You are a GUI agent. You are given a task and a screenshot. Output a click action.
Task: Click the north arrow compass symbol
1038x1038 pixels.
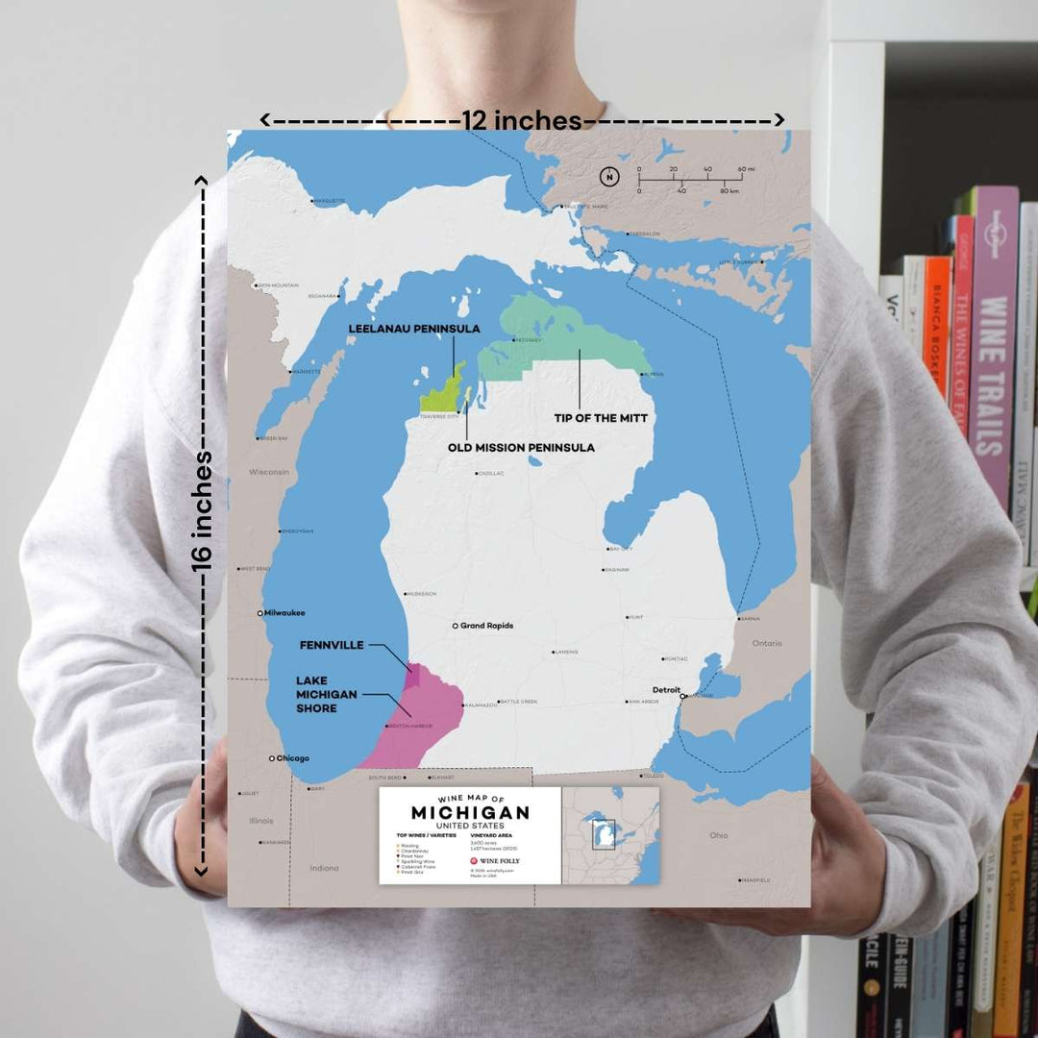tap(608, 176)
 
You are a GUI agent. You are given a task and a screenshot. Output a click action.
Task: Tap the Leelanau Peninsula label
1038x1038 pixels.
tap(414, 329)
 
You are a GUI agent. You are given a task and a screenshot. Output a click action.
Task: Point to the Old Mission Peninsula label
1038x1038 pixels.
tap(521, 447)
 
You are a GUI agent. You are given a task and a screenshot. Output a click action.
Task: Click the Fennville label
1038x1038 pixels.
tap(332, 645)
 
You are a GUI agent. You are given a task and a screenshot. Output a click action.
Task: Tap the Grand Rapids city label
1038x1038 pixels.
tap(486, 626)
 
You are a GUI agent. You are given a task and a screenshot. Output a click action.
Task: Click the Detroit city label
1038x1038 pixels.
tap(666, 690)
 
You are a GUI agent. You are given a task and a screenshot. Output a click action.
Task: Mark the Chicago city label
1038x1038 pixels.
tap(293, 758)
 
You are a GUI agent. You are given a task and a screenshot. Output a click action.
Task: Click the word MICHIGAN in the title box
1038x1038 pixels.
tap(470, 813)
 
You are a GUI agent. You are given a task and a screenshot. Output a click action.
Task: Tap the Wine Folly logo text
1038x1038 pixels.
tap(500, 861)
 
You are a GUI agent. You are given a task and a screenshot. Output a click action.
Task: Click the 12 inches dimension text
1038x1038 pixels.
tap(523, 120)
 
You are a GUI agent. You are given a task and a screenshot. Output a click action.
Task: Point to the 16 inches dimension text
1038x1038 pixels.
tap(202, 511)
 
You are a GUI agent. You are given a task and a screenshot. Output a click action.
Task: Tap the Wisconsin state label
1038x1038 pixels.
tap(270, 472)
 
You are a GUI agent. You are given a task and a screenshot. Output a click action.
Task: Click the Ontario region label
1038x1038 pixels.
tap(767, 642)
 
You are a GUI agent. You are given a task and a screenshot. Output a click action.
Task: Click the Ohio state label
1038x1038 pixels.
tap(718, 835)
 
